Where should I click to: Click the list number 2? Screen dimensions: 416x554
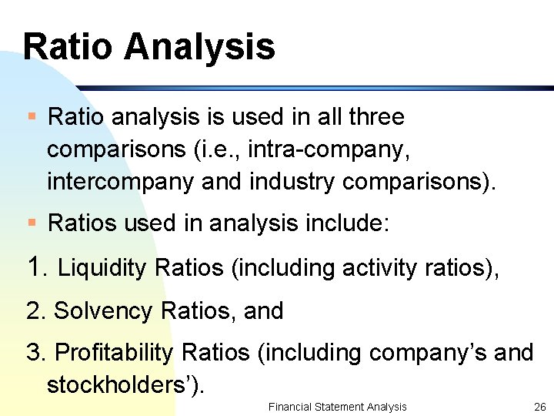(x=35, y=311)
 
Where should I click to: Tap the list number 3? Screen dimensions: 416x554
(x=35, y=353)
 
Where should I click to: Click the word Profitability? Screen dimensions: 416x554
(x=115, y=353)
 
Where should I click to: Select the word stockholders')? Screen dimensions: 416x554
(x=126, y=384)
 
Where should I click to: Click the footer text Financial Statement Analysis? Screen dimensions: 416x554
(x=337, y=407)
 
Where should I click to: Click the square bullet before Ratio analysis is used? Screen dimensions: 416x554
(x=32, y=118)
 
